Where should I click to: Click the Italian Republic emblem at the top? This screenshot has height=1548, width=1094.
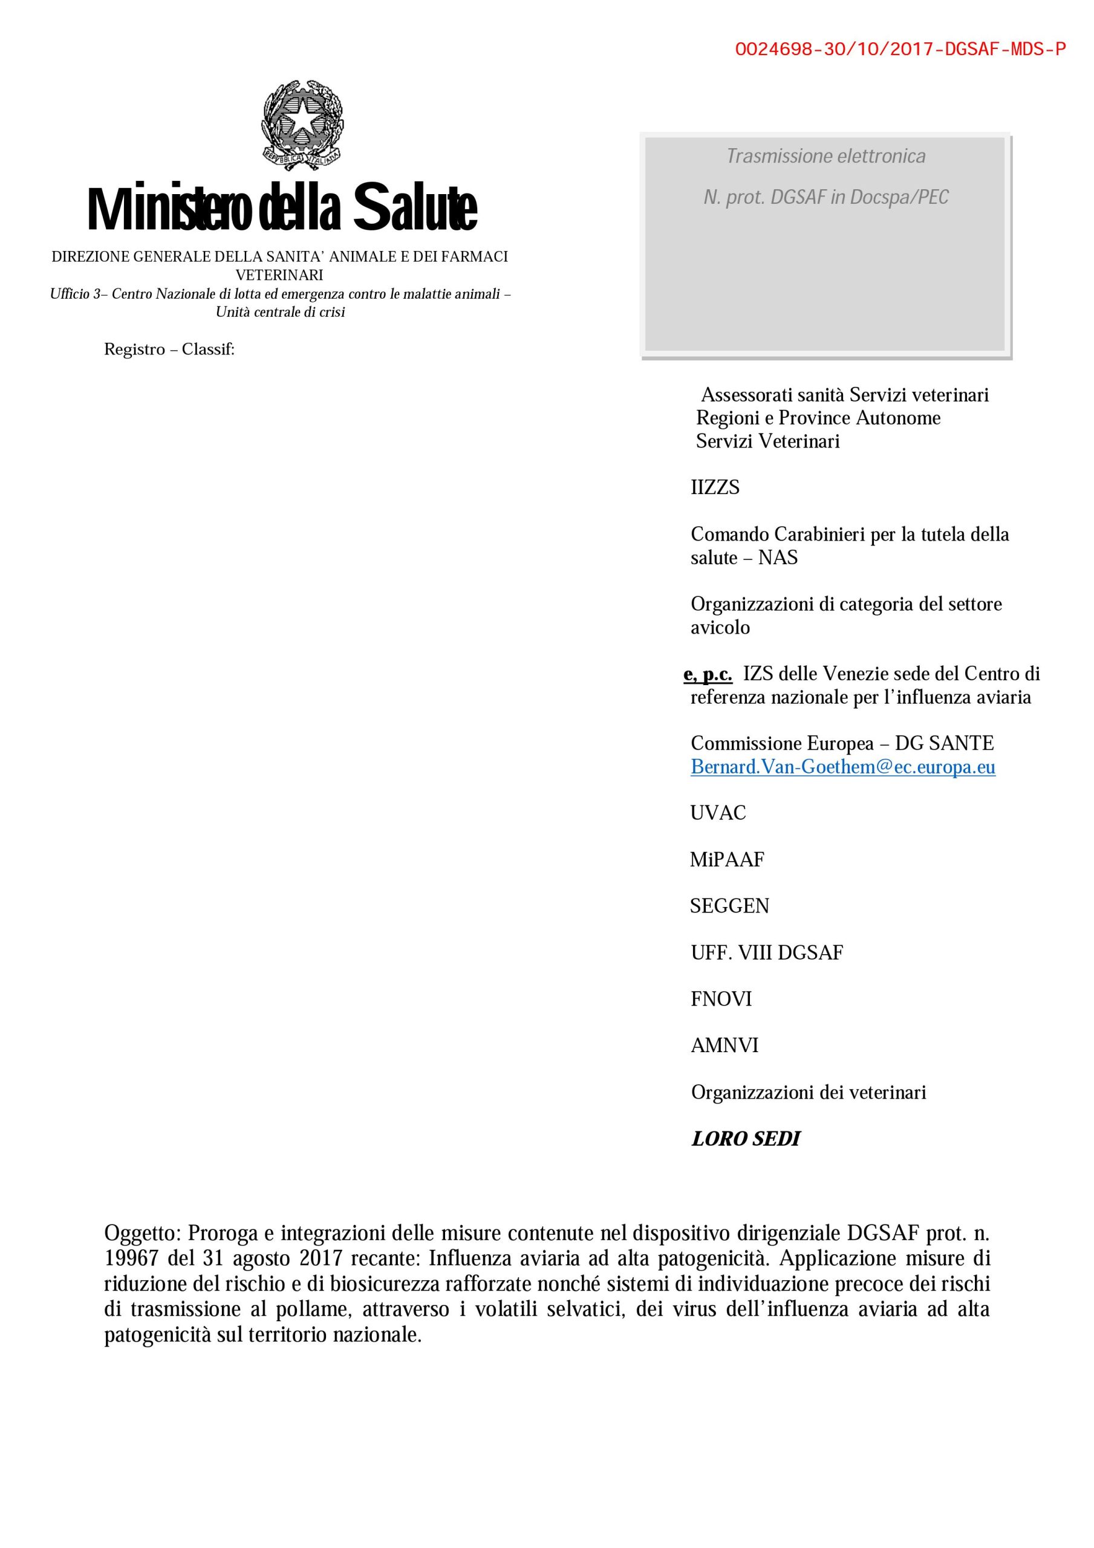pyautogui.click(x=302, y=125)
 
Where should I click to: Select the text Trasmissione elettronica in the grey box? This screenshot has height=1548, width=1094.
pyautogui.click(x=825, y=157)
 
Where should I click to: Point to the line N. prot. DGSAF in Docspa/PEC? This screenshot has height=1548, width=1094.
pyautogui.click(x=825, y=198)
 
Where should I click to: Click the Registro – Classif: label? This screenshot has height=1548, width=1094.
pyautogui.click(x=169, y=350)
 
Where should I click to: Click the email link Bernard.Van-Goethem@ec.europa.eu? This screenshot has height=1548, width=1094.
pyautogui.click(x=842, y=767)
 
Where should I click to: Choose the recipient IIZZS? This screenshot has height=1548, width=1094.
pyautogui.click(x=715, y=487)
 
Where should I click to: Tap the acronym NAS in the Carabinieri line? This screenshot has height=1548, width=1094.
pyautogui.click(x=778, y=558)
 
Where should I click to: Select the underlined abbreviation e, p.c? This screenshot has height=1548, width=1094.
pyautogui.click(x=708, y=674)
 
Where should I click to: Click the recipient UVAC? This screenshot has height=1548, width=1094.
pyautogui.click(x=718, y=813)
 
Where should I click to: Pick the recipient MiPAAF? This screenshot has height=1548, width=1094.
pyautogui.click(x=727, y=860)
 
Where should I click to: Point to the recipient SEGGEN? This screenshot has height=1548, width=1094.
pyautogui.click(x=729, y=906)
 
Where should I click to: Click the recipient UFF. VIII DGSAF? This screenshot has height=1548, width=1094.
pyautogui.click(x=767, y=952)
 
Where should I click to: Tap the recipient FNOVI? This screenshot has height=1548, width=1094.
pyautogui.click(x=721, y=999)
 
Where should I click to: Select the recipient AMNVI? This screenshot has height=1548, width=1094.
pyautogui.click(x=724, y=1046)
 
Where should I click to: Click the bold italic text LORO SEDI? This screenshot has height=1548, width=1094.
pyautogui.click(x=745, y=1139)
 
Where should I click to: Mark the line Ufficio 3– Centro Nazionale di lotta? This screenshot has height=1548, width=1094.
pyautogui.click(x=280, y=294)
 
